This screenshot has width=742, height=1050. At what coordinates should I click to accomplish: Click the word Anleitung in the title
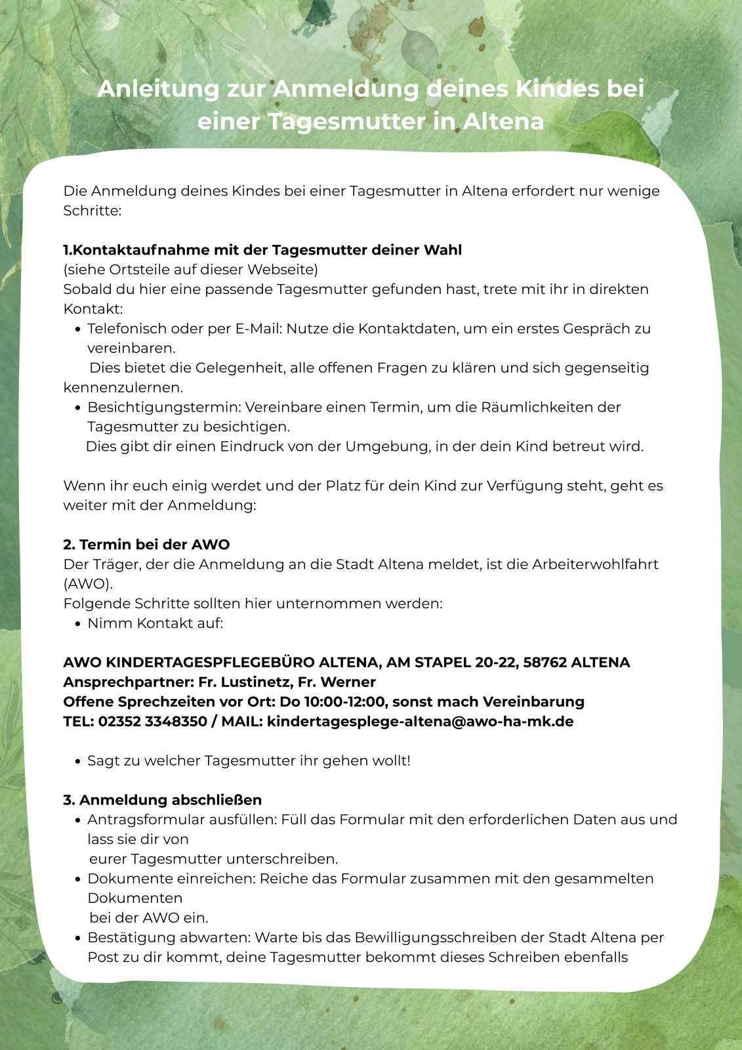click(158, 89)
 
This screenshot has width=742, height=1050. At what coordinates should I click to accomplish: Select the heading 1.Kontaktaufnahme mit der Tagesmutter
click(262, 250)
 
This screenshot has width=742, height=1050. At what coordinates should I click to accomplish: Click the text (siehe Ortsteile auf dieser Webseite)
click(190, 270)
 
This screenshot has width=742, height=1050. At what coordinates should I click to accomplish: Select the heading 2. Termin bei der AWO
click(146, 545)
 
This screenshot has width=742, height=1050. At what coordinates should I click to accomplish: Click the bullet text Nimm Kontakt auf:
click(155, 623)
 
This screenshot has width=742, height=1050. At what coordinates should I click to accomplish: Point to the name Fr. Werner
click(337, 682)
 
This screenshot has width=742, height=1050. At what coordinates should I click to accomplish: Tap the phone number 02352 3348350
click(152, 722)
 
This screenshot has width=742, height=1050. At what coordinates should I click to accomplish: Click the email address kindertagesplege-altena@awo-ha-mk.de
click(420, 722)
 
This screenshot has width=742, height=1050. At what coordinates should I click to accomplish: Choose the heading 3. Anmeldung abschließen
click(162, 800)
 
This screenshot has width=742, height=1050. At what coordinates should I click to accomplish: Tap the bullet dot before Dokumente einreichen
click(78, 879)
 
